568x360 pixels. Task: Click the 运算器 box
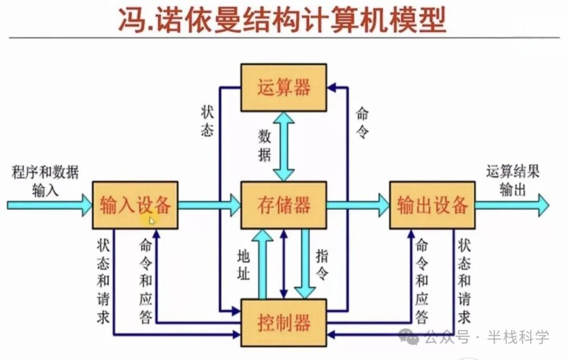(x=283, y=87)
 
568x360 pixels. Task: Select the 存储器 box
(x=283, y=205)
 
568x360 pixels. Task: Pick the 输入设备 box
(x=135, y=205)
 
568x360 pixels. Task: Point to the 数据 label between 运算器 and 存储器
(x=265, y=146)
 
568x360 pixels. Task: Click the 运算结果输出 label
(x=513, y=180)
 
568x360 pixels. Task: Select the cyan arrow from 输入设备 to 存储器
(x=209, y=205)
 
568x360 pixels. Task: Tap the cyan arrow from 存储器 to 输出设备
(x=358, y=205)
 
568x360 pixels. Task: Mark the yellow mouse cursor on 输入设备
(x=152, y=221)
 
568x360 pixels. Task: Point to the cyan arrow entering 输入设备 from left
(x=49, y=205)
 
